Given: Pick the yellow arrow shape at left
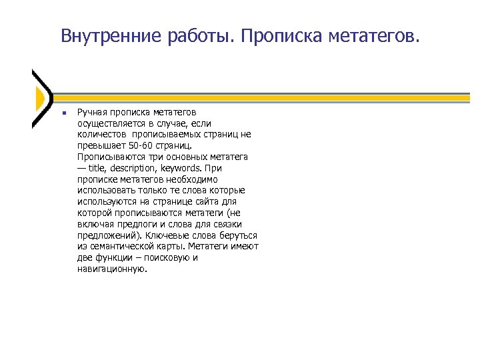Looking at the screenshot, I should [39, 99].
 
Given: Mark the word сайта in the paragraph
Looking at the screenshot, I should [206, 201].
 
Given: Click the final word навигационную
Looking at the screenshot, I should [111, 269].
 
